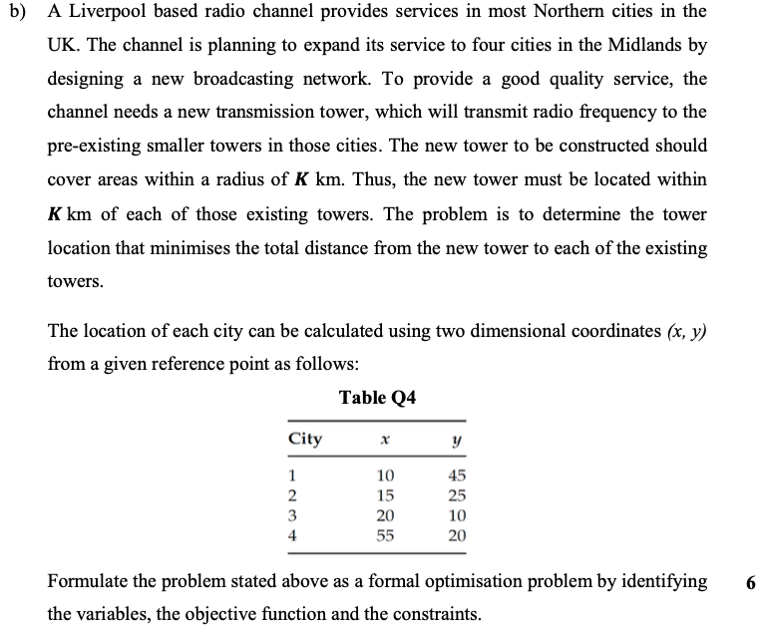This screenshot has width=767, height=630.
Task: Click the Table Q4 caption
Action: pos(377,399)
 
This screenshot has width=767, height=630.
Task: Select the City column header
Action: pos(304,439)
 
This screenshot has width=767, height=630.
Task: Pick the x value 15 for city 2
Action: pos(385,494)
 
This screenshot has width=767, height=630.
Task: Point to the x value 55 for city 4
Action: pos(385,534)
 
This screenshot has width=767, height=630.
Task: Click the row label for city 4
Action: pos(292,534)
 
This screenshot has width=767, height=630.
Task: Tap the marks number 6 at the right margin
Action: pos(749,582)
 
